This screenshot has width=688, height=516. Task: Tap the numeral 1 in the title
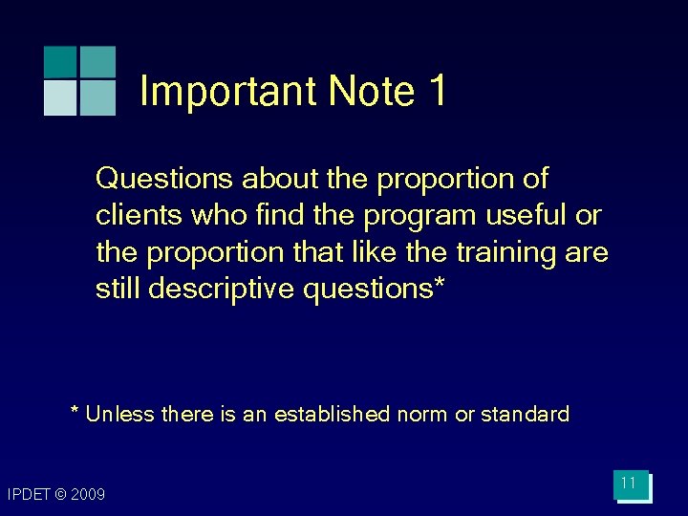point(437,92)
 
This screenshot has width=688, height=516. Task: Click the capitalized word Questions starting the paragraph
point(166,179)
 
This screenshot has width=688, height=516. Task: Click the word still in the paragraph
point(118,289)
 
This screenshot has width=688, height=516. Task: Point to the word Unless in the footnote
point(121,415)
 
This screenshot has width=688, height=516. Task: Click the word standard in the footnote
point(525,415)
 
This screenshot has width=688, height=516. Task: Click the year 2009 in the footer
point(88,494)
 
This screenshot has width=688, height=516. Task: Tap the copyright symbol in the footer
point(60,494)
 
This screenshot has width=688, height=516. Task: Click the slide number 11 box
point(630,484)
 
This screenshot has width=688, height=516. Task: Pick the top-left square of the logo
point(60,61)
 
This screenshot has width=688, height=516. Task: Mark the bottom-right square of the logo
point(97,97)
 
